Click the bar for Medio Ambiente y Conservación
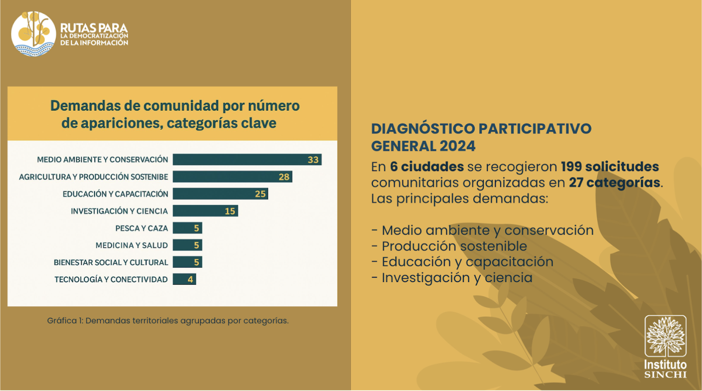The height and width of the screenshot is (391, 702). pyautogui.click(x=247, y=160)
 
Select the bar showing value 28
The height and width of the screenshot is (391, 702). pyautogui.click(x=232, y=177)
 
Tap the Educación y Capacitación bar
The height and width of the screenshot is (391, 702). pyautogui.click(x=220, y=194)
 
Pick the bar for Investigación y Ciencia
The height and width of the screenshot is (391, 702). pyautogui.click(x=205, y=211)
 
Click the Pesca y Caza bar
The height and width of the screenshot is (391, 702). pyautogui.click(x=188, y=228)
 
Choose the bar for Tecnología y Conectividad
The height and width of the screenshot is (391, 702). pyautogui.click(x=184, y=279)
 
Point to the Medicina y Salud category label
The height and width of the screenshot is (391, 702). pyautogui.click(x=132, y=245)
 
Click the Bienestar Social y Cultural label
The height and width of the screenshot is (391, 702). pyautogui.click(x=111, y=262)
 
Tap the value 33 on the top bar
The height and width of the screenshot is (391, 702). pyautogui.click(x=313, y=160)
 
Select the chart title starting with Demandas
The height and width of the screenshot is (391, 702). pyautogui.click(x=175, y=114)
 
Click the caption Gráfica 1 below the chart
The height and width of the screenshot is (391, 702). pyautogui.click(x=168, y=321)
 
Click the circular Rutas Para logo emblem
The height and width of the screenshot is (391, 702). pyautogui.click(x=34, y=34)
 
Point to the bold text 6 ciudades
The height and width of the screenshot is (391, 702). pyautogui.click(x=427, y=167)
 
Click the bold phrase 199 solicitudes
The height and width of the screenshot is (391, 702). pyautogui.click(x=610, y=167)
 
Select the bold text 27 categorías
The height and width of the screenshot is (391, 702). pyautogui.click(x=615, y=183)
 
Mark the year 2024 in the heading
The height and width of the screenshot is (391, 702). pyautogui.click(x=457, y=146)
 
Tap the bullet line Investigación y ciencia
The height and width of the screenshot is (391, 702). pyautogui.click(x=452, y=278)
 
